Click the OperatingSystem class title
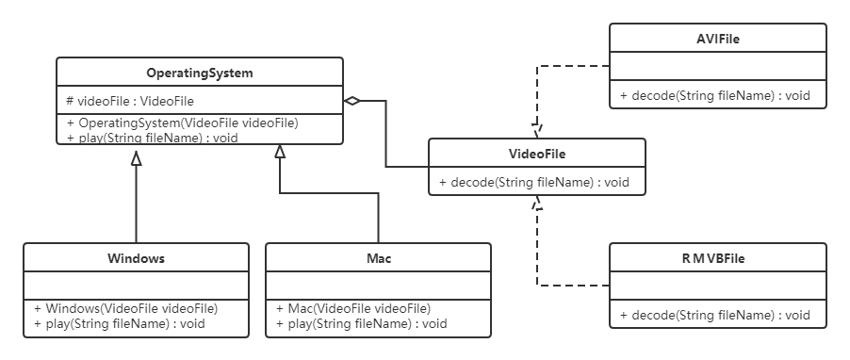[x=200, y=74]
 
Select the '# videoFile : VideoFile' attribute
[x=130, y=101]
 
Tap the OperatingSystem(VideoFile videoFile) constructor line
[x=183, y=123]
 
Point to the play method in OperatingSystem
[x=153, y=138]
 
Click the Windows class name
[x=136, y=258]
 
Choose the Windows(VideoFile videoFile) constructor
[x=125, y=308]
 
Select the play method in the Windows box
[x=120, y=324]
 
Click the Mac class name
[x=379, y=258]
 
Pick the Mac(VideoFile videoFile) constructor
[x=353, y=308]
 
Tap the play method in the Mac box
[x=362, y=324]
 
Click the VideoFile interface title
[x=537, y=154]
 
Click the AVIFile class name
[x=718, y=39]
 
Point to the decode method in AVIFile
[x=715, y=96]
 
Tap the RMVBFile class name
[x=713, y=258]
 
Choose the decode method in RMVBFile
[x=715, y=315]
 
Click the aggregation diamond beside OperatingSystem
[x=351, y=101]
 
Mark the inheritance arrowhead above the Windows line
[x=136, y=158]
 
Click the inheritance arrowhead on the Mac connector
[x=280, y=152]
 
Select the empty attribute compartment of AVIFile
[x=718, y=66]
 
